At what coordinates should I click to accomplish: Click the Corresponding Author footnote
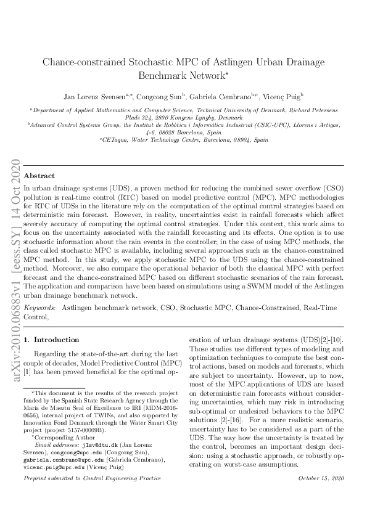coord(60,437)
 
